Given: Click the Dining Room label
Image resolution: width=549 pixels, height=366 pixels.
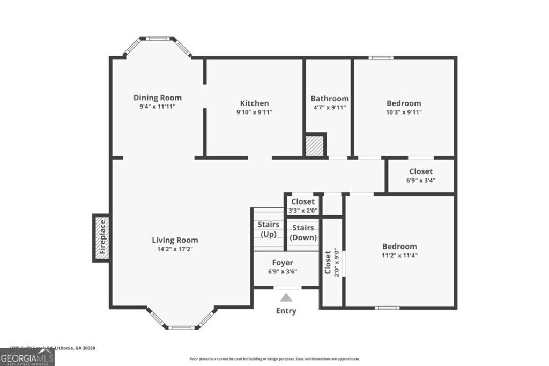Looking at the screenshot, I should [x=157, y=98].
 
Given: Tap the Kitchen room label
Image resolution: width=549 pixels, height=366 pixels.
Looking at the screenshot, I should [x=254, y=103].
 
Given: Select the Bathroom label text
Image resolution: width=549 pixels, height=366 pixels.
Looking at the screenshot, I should [x=329, y=99].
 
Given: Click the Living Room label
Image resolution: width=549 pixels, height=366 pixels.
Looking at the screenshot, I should [x=175, y=240].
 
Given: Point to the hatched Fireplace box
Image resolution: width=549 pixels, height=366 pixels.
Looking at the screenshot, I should [x=102, y=237].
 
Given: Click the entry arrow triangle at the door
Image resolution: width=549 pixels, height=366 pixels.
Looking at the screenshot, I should [x=287, y=297].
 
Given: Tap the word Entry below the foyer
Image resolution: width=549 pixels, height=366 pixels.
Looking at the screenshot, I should [x=286, y=311].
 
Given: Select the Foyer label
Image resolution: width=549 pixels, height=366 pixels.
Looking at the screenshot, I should [x=283, y=263].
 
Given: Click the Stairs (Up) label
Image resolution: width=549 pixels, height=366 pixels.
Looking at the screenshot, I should [x=268, y=229].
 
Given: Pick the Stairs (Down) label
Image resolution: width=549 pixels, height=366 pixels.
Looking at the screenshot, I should [x=303, y=233].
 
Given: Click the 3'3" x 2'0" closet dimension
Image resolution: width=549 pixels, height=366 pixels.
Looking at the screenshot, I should [x=303, y=210].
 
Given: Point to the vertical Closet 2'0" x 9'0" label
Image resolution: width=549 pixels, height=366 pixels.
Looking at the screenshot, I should [x=332, y=262].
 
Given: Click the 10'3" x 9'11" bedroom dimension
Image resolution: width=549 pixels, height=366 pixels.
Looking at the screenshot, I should [x=404, y=112].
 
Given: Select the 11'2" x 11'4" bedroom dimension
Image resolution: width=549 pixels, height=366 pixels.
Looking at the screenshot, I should [x=399, y=255].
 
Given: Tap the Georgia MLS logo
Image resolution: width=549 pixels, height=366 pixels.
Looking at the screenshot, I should [x=27, y=357].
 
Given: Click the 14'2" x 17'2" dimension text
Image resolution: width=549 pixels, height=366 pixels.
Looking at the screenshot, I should [x=175, y=249].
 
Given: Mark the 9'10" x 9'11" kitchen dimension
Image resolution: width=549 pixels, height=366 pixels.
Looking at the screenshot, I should [x=254, y=112].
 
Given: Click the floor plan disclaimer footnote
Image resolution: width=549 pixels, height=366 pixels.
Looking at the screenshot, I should [x=274, y=359].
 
